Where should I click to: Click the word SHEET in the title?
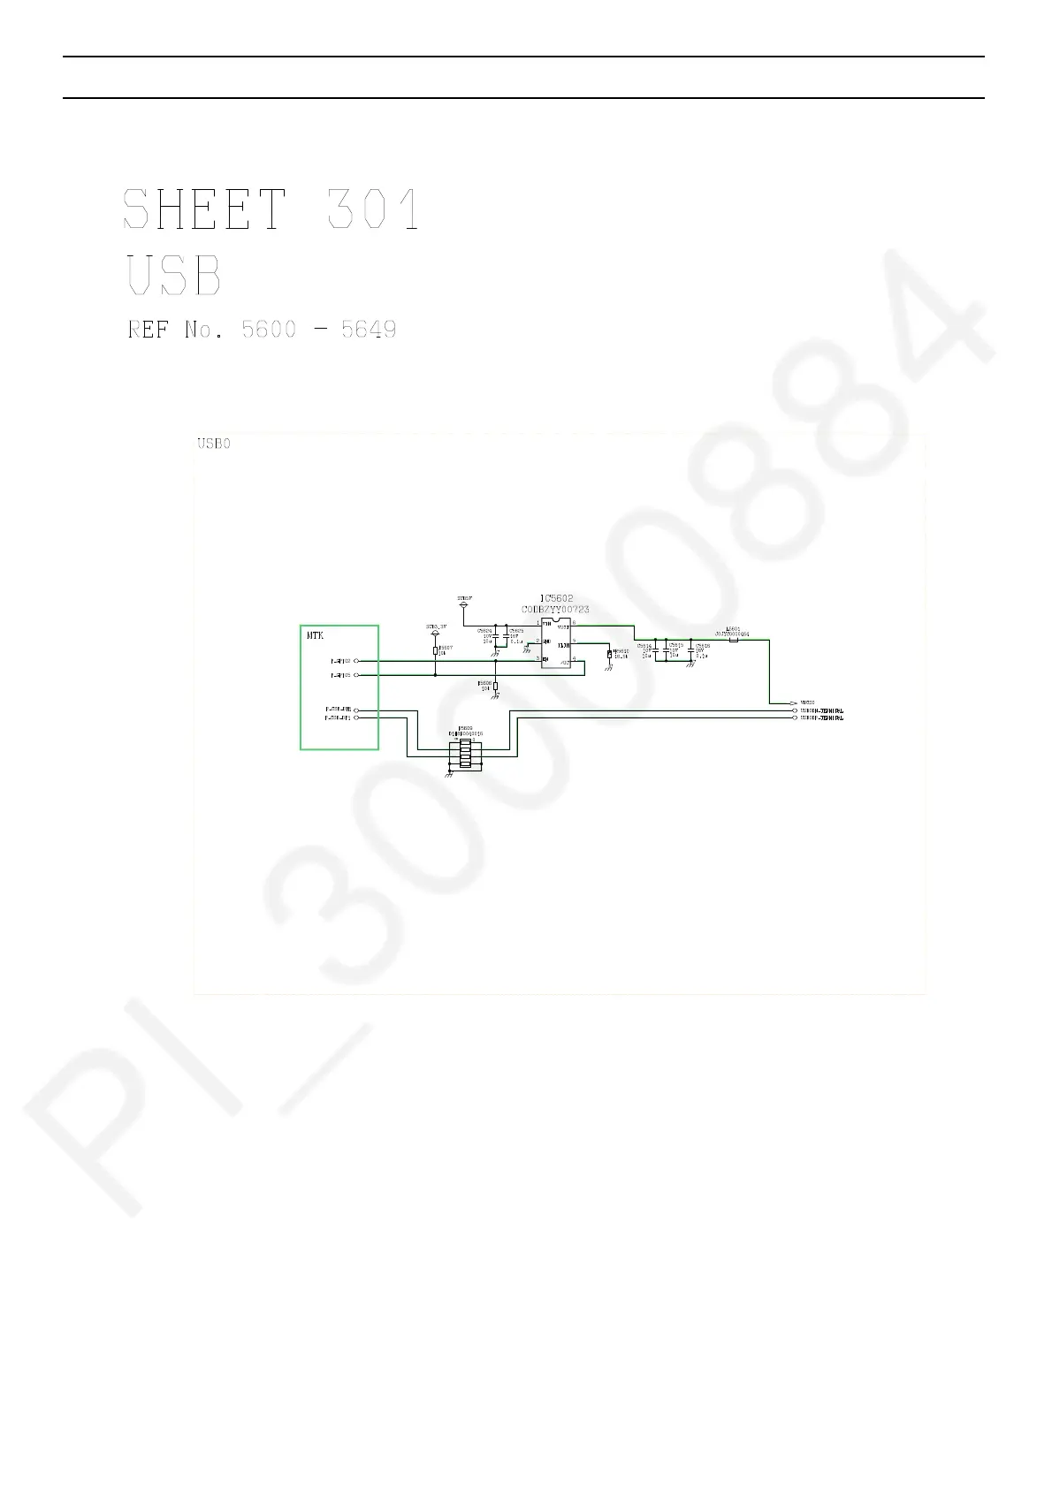(x=204, y=209)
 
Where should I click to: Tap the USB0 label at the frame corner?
(x=213, y=444)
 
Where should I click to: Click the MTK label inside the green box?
(x=316, y=634)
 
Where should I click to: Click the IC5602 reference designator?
(x=555, y=598)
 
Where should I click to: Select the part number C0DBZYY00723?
(x=555, y=609)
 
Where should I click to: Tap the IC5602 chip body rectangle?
(x=556, y=643)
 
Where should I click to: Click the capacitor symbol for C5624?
(x=495, y=637)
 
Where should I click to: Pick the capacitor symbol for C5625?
(x=507, y=637)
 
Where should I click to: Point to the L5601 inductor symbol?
(x=733, y=640)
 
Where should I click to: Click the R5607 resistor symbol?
(x=436, y=650)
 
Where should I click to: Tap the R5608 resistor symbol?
(x=496, y=687)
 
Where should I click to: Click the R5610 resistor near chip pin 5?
(x=609, y=655)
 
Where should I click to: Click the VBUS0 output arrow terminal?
(x=794, y=702)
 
